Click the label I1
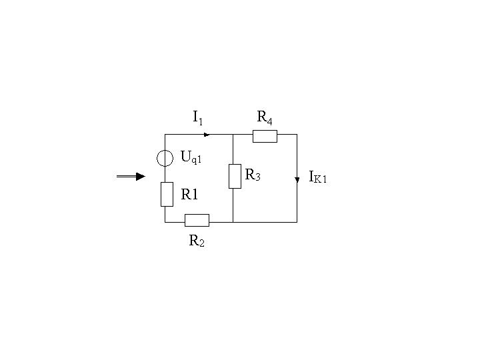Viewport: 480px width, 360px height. [x=198, y=117]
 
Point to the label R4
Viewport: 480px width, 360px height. [x=265, y=117]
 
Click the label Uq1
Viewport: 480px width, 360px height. [x=191, y=157]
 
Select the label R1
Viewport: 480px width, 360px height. [x=189, y=195]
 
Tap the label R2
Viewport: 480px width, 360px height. [x=197, y=241]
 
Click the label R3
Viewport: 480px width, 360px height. [x=253, y=175]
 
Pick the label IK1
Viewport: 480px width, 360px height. [x=318, y=177]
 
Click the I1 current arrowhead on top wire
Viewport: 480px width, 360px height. [x=207, y=135]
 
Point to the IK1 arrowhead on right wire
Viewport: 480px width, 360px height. [x=297, y=180]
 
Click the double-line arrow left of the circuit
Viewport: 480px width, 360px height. [x=131, y=176]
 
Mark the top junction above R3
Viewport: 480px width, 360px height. [x=233, y=135]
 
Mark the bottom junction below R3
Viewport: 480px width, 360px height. [x=233, y=222]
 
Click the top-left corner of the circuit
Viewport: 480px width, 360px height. [x=165, y=135]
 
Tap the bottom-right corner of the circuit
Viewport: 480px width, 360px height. [x=297, y=222]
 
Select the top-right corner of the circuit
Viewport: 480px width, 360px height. [x=297, y=135]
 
